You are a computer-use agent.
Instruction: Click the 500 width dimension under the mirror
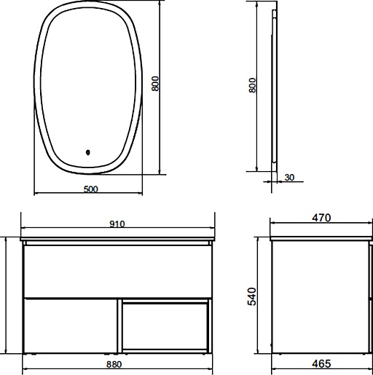pos(90,189)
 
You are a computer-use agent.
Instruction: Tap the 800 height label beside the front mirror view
pos(155,84)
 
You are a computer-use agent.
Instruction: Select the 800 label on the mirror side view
pos(252,85)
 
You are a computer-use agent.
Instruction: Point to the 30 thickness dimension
pos(289,178)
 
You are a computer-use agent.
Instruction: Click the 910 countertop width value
pos(117,224)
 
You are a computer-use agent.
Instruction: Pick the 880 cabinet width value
pos(114,364)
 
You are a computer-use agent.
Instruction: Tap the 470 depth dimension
pos(321,218)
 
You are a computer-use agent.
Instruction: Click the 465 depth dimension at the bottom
pos(321,363)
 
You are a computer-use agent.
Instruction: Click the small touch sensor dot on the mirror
pos(88,152)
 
